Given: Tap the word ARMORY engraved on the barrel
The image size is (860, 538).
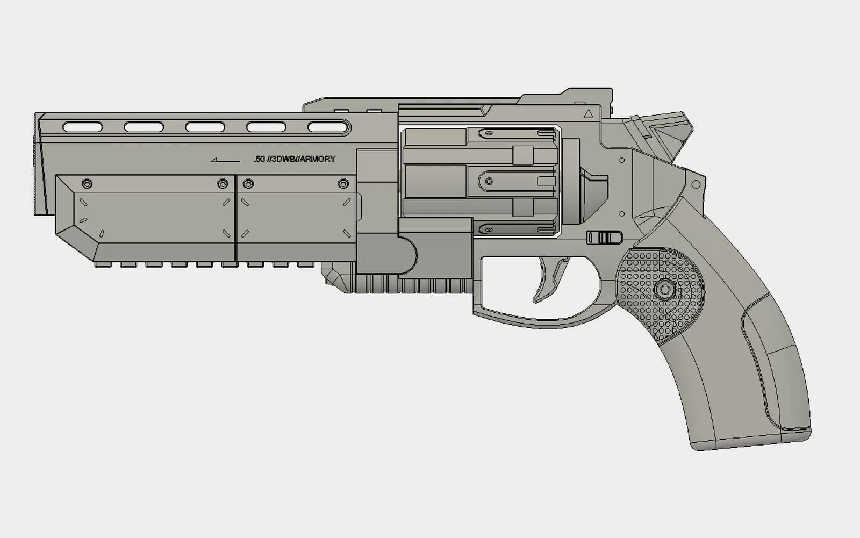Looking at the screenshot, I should [x=318, y=159].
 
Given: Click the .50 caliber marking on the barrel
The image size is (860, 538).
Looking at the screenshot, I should [x=260, y=159].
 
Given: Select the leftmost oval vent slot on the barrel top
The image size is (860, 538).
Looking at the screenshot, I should [x=83, y=127].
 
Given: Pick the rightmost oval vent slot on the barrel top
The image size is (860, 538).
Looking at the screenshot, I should [x=328, y=127].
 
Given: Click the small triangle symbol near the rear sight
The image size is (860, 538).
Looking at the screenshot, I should [x=588, y=114].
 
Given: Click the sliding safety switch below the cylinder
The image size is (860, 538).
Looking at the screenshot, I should [x=604, y=238].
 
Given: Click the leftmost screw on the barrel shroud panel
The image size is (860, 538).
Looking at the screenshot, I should [x=87, y=184].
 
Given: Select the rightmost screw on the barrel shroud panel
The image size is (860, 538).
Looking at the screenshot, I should [x=343, y=184].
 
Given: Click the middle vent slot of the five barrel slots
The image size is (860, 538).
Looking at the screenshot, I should [x=205, y=127].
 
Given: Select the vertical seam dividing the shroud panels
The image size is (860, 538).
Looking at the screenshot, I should [x=236, y=218].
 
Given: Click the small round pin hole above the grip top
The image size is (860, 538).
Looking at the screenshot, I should [x=696, y=184].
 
